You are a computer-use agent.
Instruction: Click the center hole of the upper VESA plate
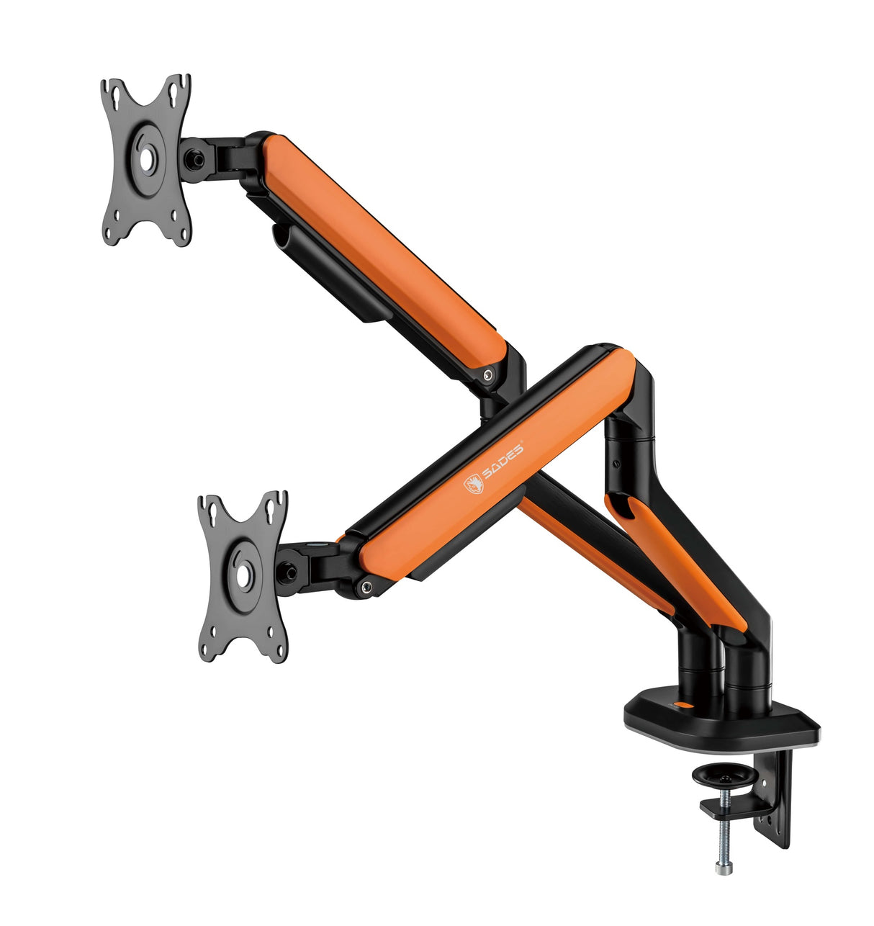point(146,160)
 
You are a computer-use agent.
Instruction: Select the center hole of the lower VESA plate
point(243,576)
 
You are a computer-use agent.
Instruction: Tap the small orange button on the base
point(675,705)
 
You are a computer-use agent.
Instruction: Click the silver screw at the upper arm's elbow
point(489,375)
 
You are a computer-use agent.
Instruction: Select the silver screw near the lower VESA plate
point(368,587)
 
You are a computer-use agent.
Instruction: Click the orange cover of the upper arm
point(382,245)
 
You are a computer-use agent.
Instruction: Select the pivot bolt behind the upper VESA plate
point(193,157)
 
